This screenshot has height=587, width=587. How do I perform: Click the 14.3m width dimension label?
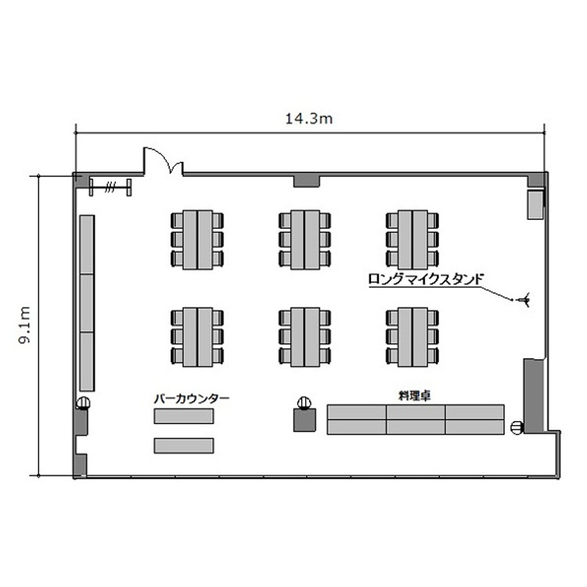coord(309,119)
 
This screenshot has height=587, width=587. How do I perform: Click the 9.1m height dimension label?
coord(25,325)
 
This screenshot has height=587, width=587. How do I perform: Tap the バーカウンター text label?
coord(192,398)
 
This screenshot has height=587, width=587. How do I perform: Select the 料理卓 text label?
coord(414,396)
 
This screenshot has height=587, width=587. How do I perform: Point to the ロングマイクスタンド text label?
coord(426,279)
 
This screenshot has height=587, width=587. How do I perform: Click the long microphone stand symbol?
coord(524,300)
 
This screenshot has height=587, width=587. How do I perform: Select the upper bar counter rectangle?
coord(184,416)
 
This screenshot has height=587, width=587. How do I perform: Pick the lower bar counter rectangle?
coord(184,446)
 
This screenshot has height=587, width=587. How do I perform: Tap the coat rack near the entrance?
coord(110,187)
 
